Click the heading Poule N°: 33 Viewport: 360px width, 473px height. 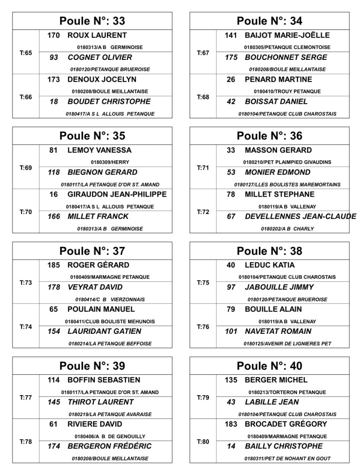click(x=92, y=21)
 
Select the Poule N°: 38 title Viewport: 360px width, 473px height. click(x=269, y=251)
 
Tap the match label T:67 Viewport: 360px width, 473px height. click(x=202, y=53)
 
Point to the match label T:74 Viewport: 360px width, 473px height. click(x=25, y=327)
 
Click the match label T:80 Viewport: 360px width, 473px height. click(x=202, y=442)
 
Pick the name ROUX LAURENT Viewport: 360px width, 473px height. click(x=97, y=35)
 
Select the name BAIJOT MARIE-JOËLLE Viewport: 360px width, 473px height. click(x=287, y=35)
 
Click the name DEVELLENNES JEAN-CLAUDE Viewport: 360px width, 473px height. click(x=300, y=217)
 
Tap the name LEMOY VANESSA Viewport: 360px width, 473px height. click(x=99, y=150)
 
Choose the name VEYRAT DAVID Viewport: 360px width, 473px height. click(x=95, y=287)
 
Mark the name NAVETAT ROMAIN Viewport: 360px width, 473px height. click(x=278, y=331)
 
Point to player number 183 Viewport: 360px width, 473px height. click(x=231, y=424)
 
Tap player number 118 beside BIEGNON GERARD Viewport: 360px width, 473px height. click(x=54, y=172)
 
